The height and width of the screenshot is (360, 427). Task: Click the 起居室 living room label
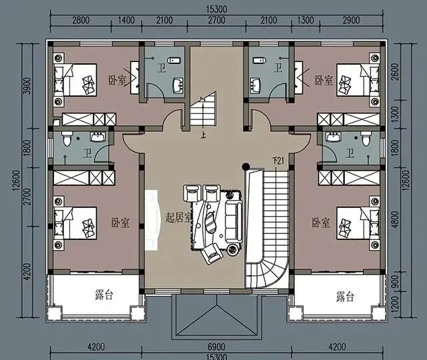tap(179, 217)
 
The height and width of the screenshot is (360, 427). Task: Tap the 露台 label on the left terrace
tap(104, 295)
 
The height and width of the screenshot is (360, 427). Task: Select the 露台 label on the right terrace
tap(345, 297)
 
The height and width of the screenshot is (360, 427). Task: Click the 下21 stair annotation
tap(278, 161)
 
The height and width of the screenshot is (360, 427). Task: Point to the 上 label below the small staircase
tap(203, 135)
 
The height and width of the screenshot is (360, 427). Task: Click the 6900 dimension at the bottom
tap(216, 347)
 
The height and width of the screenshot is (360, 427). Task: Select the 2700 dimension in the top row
tap(216, 21)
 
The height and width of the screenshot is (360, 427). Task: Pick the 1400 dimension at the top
tap(126, 21)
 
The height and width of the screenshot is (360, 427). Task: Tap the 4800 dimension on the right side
tap(396, 219)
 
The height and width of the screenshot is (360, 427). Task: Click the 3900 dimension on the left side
tap(28, 86)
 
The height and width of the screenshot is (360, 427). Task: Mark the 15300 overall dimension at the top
tap(216, 9)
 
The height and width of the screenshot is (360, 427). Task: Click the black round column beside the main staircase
tap(246, 166)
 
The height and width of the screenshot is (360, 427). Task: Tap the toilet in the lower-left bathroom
tap(67, 138)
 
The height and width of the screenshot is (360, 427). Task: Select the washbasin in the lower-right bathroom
tap(333, 137)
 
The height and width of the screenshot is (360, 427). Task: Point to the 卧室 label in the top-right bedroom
tap(324, 80)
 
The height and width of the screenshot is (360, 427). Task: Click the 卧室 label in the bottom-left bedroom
tap(120, 223)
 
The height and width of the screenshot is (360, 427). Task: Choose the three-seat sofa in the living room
tap(234, 221)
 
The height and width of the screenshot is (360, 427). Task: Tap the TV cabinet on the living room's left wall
tap(151, 220)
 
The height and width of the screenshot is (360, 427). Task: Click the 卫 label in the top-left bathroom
tap(161, 67)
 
